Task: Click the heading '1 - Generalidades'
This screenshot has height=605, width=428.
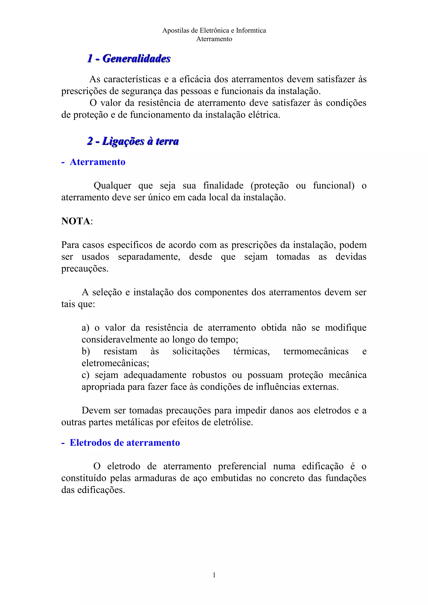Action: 129,58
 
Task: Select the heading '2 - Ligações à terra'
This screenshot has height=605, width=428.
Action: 133,141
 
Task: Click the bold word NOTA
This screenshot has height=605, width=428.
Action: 76,221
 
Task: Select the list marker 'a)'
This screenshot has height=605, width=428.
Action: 85,328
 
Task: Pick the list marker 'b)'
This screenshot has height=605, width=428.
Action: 86,352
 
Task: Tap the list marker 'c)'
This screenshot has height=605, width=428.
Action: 85,375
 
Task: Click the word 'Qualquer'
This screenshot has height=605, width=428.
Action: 112,186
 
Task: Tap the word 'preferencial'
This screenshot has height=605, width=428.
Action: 242,466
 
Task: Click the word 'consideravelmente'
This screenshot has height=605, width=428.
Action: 119,340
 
